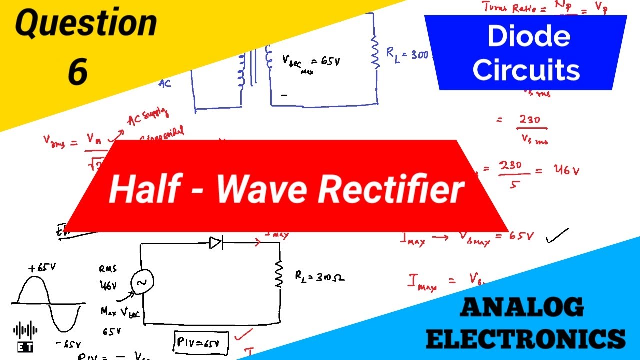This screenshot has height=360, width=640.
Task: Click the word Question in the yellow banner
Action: (x=86, y=24)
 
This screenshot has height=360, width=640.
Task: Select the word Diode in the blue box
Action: (x=528, y=37)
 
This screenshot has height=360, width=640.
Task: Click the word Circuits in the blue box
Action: (x=526, y=70)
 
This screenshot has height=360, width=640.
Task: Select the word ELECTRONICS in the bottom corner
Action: (x=526, y=338)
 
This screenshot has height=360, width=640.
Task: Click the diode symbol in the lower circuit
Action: (x=216, y=243)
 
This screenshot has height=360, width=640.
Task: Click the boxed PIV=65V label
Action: (x=201, y=342)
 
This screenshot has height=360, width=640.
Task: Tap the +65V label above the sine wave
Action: (x=42, y=268)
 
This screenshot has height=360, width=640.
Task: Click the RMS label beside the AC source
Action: (x=108, y=269)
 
